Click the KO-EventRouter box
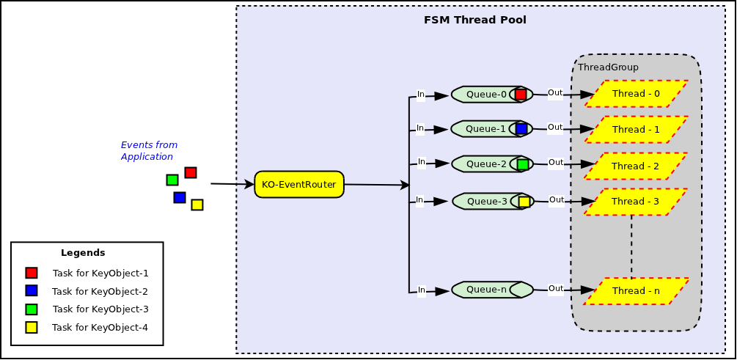[x=299, y=185]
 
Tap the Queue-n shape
[x=487, y=290]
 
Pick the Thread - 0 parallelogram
[x=636, y=94]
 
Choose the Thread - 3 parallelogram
[x=635, y=202]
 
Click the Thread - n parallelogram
[x=636, y=291]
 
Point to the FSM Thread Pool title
[x=474, y=20]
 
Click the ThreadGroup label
[x=608, y=67]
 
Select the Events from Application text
[x=149, y=151]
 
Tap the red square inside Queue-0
[x=521, y=95]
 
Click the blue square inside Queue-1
[x=521, y=129]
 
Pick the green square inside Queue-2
[x=523, y=165]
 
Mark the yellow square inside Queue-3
[x=524, y=202]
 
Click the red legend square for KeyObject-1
[x=32, y=273]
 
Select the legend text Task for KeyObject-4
[x=100, y=328]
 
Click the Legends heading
[x=83, y=253]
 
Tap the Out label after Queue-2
[x=556, y=163]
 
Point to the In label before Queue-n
[x=422, y=290]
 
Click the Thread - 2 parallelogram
[x=635, y=166]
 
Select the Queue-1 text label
[x=485, y=129]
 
